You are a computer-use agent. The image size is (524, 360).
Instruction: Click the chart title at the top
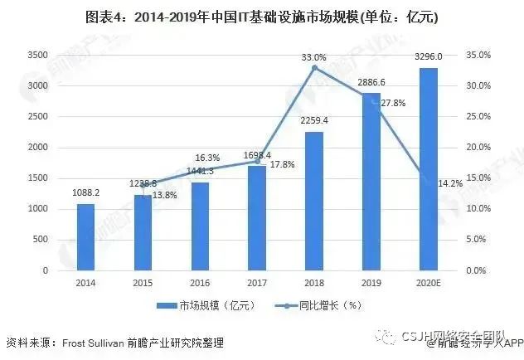click(x=261, y=17)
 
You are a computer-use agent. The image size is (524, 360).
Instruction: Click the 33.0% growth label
click(x=313, y=56)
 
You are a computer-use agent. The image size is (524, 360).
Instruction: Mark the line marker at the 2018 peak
click(x=313, y=67)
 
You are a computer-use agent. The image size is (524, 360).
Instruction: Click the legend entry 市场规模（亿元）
click(x=215, y=306)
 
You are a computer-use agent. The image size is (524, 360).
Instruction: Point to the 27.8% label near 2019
click(x=393, y=103)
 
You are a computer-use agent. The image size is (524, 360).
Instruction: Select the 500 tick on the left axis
click(x=40, y=240)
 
